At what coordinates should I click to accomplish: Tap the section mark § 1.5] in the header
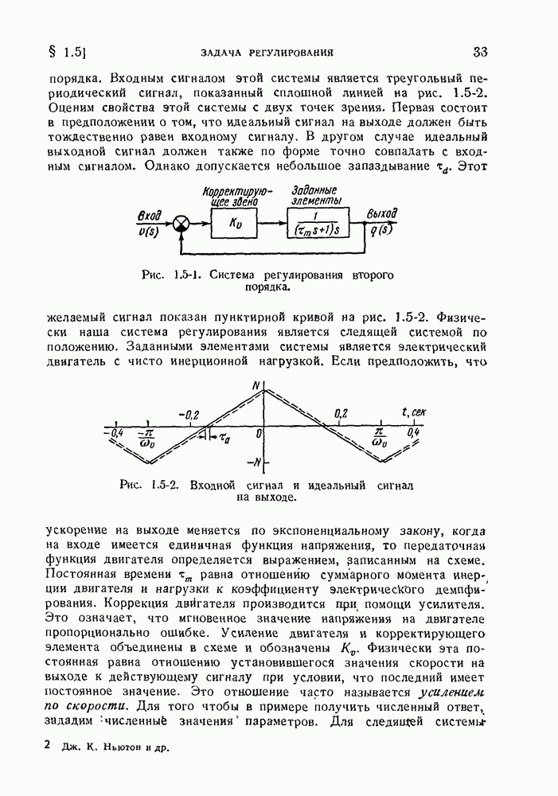pyautogui.click(x=67, y=53)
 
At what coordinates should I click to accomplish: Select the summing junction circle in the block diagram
pyautogui.click(x=183, y=226)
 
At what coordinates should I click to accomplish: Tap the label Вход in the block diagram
pyautogui.click(x=149, y=215)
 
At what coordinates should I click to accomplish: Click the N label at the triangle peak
pyautogui.click(x=256, y=387)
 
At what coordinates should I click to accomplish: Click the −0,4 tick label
pyautogui.click(x=114, y=432)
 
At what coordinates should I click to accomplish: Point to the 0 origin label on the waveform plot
pyautogui.click(x=259, y=434)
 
